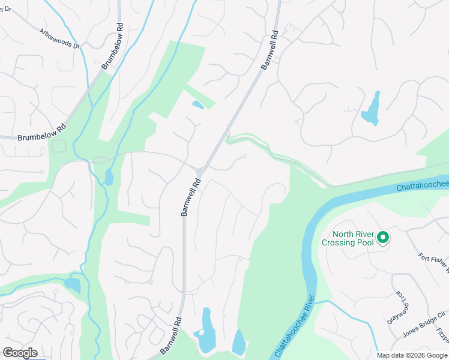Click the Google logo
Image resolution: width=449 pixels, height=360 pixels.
click(x=20, y=353)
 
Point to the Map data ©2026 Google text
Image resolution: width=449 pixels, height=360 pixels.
click(x=412, y=355)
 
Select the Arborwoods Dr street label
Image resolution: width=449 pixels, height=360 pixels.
click(x=59, y=38)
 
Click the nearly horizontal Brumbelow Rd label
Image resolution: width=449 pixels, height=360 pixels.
click(x=41, y=133)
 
